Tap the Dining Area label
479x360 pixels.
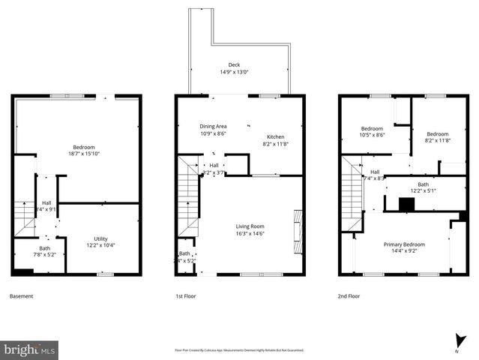213,126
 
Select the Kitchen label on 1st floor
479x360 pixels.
275,136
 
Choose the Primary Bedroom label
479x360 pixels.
404,244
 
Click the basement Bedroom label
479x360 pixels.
83,147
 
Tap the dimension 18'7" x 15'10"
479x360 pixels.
83,154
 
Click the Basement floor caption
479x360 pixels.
21,296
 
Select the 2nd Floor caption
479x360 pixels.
349,296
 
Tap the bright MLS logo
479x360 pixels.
30,349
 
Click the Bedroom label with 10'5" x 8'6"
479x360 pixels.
372,128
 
